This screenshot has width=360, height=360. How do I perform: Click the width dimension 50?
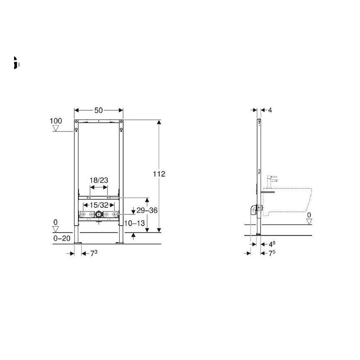(x=99, y=110)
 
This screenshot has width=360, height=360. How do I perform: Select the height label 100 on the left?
(x=56, y=121)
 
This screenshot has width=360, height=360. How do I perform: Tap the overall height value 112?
(x=158, y=174)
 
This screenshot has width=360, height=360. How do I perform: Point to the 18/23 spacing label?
(x=99, y=180)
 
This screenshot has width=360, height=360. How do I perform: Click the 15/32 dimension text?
(x=99, y=205)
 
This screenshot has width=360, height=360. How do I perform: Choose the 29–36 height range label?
(x=147, y=211)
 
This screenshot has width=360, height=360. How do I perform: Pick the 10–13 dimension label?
(x=135, y=223)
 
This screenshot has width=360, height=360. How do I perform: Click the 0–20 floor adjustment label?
(x=61, y=238)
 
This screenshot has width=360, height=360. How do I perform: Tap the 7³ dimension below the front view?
(x=94, y=254)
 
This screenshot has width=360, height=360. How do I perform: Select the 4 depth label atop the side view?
(x=270, y=110)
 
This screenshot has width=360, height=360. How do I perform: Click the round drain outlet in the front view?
(x=99, y=214)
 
